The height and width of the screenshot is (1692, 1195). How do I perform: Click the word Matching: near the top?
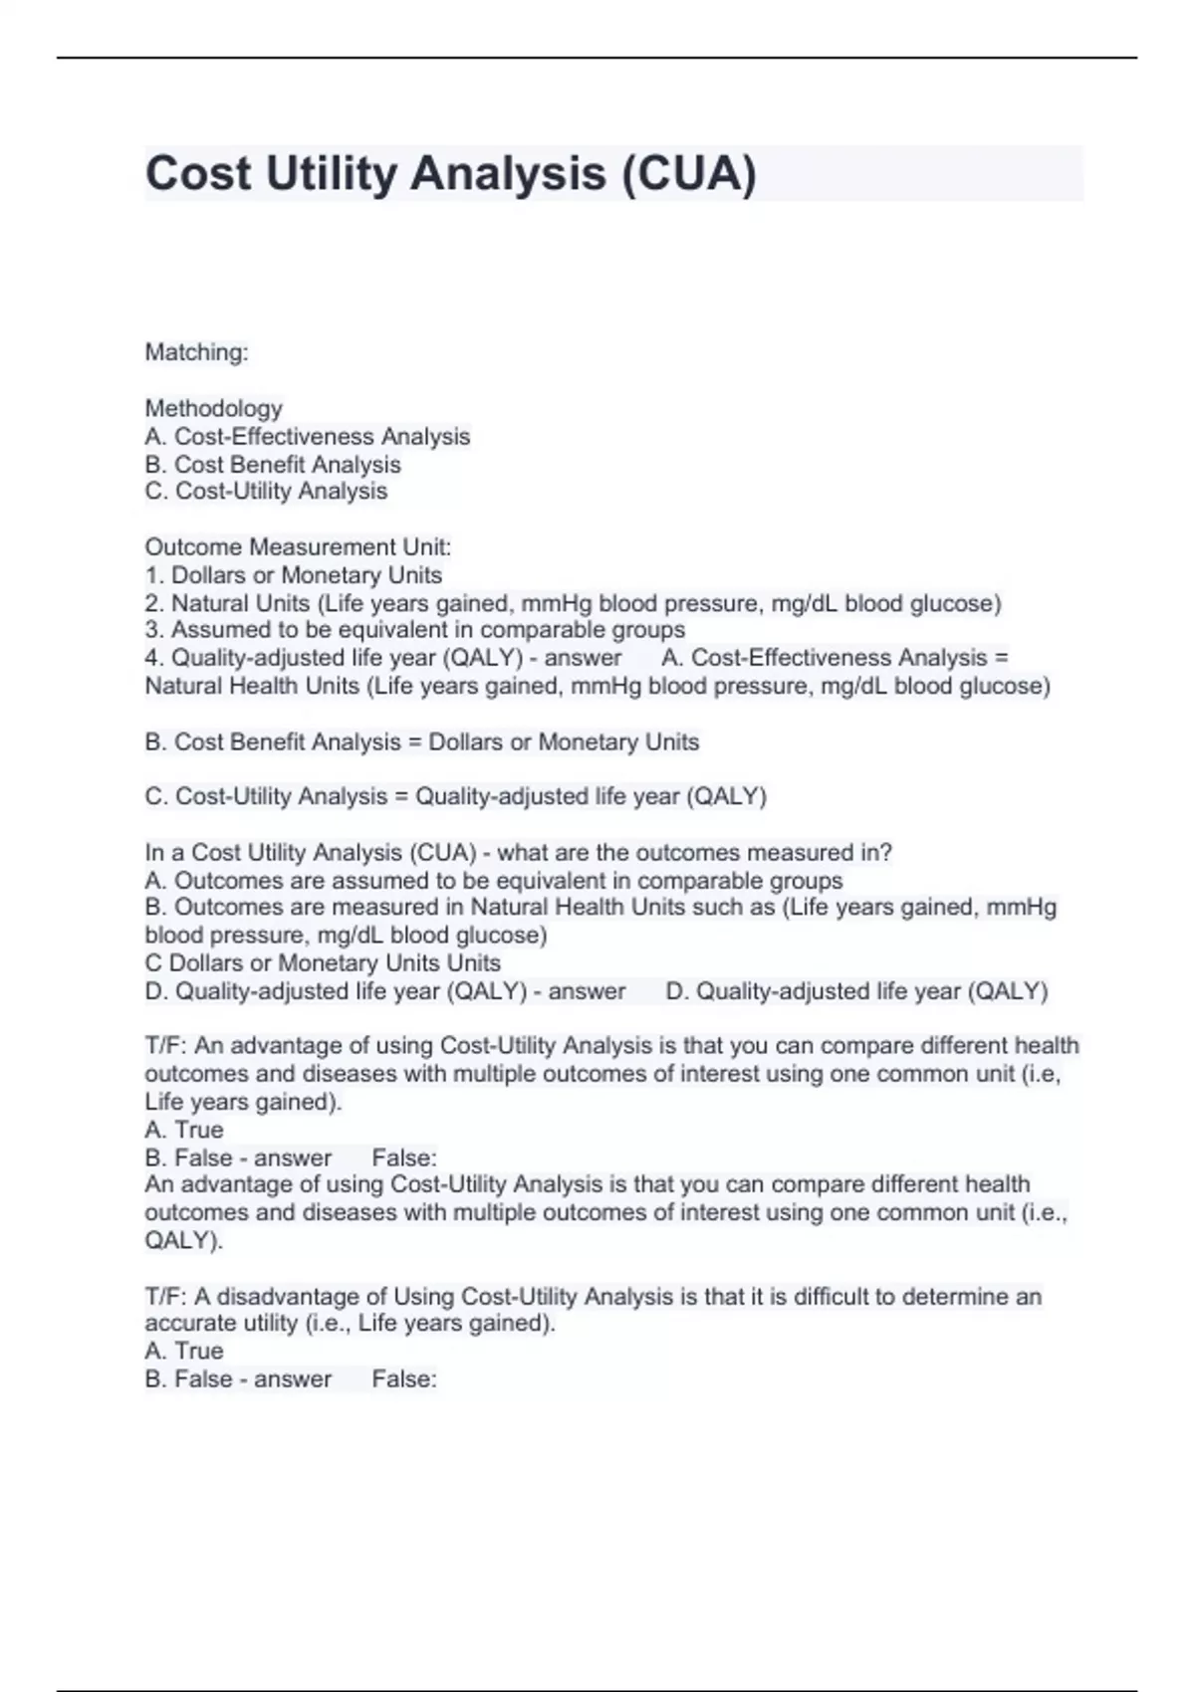pos(197,352)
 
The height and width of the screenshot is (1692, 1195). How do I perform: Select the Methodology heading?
pos(214,408)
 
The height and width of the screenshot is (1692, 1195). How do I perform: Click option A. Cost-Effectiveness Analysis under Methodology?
pos(308,436)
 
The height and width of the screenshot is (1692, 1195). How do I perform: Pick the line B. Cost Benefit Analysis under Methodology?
pos(273,464)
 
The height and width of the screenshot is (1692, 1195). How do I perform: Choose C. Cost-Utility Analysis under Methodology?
pos(266,491)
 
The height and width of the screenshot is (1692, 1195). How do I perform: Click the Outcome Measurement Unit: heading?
pos(298,547)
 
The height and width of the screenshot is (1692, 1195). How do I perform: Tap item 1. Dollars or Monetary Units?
pos(294,575)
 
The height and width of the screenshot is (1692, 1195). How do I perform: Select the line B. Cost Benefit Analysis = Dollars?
pos(422,741)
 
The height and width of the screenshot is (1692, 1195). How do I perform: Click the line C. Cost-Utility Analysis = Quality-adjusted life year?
pos(456,796)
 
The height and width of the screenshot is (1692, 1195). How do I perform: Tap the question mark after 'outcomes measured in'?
pos(886,853)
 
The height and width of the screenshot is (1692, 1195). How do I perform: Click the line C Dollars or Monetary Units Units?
pos(323,962)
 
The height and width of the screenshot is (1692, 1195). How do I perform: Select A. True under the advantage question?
pos(184,1130)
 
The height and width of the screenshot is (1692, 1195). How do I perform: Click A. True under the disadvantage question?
pos(184,1351)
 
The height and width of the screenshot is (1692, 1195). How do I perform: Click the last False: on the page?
pos(404,1378)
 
